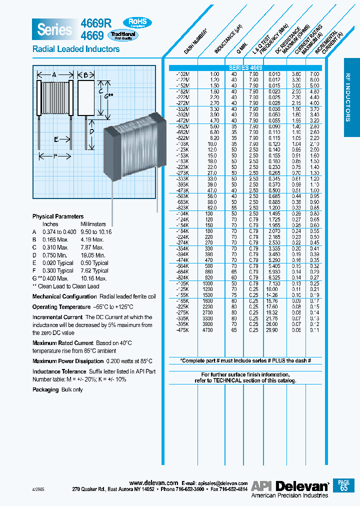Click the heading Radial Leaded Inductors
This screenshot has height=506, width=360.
coord(76,49)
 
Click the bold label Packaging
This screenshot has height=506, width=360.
coord(45,389)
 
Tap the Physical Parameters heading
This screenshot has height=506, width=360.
coord(58,216)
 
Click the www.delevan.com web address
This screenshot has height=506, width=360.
coord(153,483)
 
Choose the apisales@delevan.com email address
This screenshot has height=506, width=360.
coord(223,483)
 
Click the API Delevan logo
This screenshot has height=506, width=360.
coord(289,485)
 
